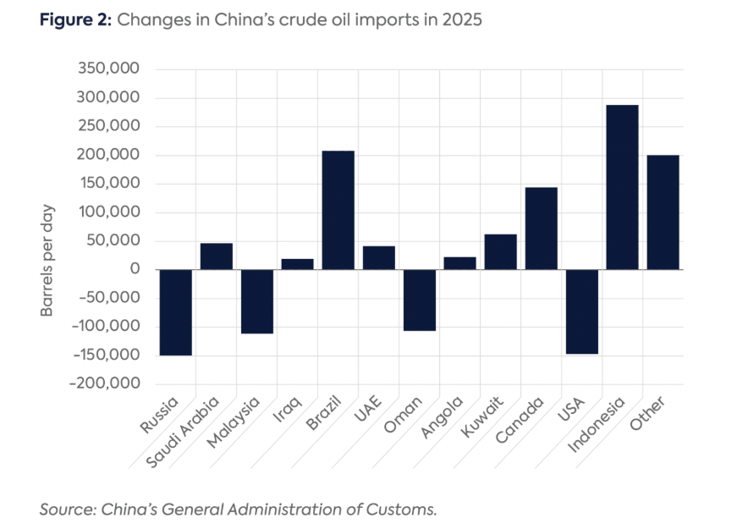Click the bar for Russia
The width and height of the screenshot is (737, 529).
[x=176, y=312]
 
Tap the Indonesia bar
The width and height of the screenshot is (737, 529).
[x=623, y=187]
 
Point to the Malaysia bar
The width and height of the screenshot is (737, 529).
[x=257, y=301]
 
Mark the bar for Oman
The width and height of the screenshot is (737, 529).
[x=420, y=300]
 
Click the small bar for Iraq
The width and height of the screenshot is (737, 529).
[x=298, y=264]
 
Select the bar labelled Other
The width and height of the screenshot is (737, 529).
[x=663, y=212]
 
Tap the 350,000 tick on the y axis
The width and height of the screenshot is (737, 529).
[x=108, y=69]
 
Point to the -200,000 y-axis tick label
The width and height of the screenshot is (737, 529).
[x=106, y=383]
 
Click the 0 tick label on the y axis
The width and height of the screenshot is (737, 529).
[x=134, y=269]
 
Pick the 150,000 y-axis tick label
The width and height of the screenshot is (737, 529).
[x=108, y=184]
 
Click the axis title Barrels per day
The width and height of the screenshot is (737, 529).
[x=48, y=260]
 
